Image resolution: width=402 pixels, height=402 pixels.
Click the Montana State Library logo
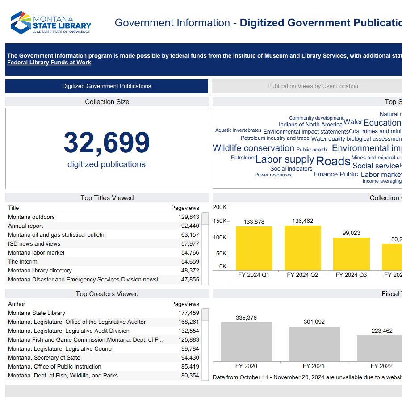click(x=51, y=23)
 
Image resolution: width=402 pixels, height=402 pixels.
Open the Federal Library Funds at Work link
click(x=49, y=63)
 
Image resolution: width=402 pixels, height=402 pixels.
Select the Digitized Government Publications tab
click(x=107, y=86)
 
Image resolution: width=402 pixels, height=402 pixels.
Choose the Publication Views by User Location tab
click(x=312, y=86)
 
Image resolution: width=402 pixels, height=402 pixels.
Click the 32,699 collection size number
click(x=107, y=142)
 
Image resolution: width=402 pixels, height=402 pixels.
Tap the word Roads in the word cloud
click(x=333, y=161)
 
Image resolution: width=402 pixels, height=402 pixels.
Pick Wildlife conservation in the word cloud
click(x=253, y=148)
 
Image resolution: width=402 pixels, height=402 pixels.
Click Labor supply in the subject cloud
click(x=285, y=159)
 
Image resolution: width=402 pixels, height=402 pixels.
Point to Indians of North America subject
click(x=310, y=125)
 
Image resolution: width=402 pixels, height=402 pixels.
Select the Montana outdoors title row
click(x=32, y=217)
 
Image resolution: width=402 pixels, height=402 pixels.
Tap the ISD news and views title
click(x=34, y=244)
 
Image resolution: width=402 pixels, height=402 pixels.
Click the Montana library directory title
click(x=40, y=271)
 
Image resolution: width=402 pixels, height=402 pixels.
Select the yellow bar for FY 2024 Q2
click(x=302, y=248)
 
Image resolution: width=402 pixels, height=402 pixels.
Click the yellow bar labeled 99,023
click(x=351, y=254)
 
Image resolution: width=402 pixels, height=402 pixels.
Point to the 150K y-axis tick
click(x=220, y=221)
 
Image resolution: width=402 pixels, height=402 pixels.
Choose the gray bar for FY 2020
click(x=246, y=342)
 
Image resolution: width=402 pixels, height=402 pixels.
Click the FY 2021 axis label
click(x=314, y=366)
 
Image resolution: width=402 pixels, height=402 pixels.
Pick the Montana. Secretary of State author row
click(x=44, y=358)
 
